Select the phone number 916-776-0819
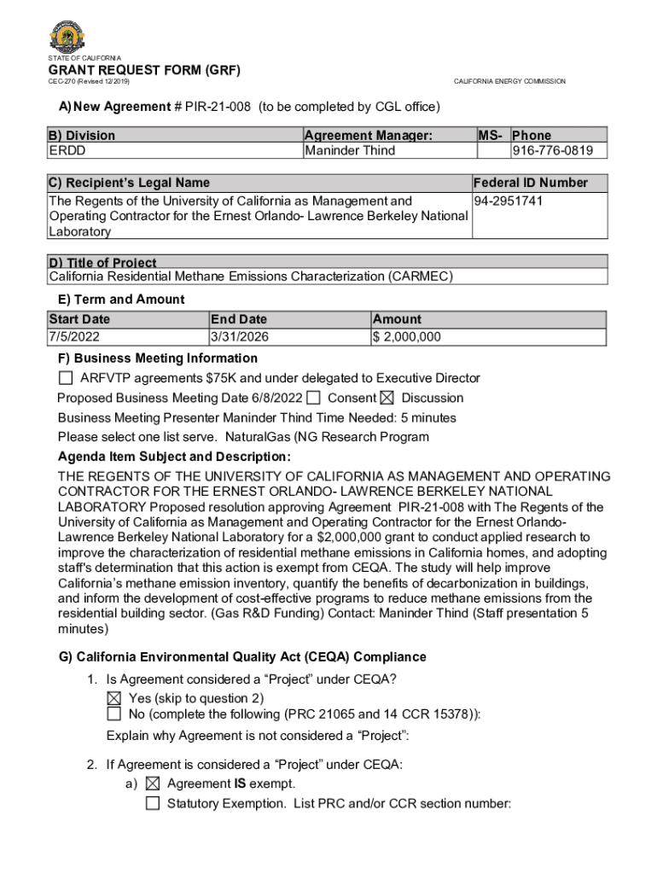[x=559, y=151]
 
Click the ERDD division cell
[x=67, y=151]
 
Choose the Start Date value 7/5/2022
[x=74, y=336]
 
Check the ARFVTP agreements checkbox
[x=66, y=378]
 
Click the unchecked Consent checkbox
[x=314, y=398]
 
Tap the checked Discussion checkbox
[x=387, y=398]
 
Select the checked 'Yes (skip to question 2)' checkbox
[x=114, y=698]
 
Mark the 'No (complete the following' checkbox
[x=114, y=714]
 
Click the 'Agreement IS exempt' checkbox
[x=153, y=784]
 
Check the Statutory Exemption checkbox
[x=153, y=803]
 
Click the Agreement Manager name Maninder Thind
[x=350, y=151]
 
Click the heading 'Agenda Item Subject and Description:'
[x=174, y=457]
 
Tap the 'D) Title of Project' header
[x=102, y=262]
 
